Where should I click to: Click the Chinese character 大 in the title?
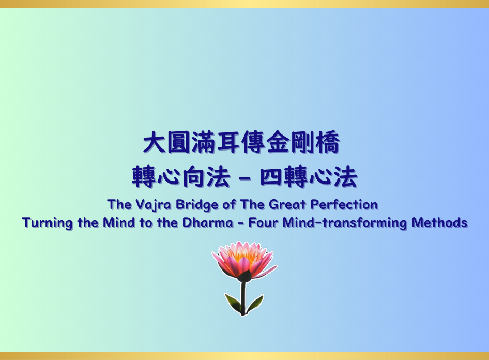point(155,142)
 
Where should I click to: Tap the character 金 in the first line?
point(278,142)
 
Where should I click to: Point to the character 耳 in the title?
point(228,142)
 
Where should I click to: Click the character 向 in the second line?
point(193,176)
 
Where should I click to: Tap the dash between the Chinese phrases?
point(246,178)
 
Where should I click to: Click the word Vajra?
point(154,205)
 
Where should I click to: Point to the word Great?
point(287,205)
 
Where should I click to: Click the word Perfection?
point(344,205)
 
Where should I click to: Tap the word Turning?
point(47,223)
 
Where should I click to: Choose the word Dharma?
point(208,223)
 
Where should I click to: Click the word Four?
point(263,223)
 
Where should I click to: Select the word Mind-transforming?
point(345,223)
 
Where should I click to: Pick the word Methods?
point(439,223)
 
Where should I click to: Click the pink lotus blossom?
point(244,260)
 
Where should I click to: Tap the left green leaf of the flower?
point(233,303)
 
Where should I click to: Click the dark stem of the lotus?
point(243,298)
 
